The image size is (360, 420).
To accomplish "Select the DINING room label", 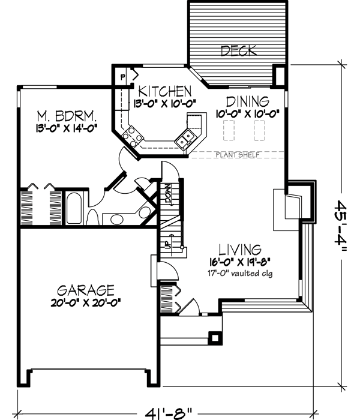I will point(247,101).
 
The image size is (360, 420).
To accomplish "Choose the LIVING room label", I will point(239,248).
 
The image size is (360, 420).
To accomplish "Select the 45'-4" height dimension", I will point(343,228).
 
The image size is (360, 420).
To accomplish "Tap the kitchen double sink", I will point(186,137).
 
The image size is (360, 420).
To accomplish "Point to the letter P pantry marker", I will point(122,77).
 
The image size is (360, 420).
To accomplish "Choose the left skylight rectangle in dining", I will point(229,128).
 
